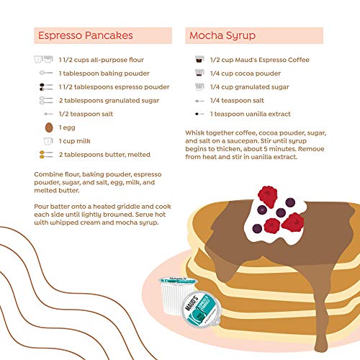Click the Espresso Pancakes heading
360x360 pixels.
click(86, 35)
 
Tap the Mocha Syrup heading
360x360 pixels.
click(222, 36)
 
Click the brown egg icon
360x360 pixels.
click(49, 127)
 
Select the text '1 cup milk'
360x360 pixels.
click(75, 141)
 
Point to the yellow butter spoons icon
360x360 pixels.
click(46, 155)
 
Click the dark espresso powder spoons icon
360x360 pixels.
click(46, 87)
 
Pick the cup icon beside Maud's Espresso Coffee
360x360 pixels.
click(199, 59)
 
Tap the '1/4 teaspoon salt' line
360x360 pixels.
click(237, 101)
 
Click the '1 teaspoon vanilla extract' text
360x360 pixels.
click(251, 114)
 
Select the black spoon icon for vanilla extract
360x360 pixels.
click(199, 114)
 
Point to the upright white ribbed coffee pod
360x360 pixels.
click(176, 294)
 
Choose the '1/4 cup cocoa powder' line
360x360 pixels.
click(246, 73)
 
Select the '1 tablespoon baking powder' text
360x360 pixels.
click(104, 73)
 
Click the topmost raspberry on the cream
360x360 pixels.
click(268, 197)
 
